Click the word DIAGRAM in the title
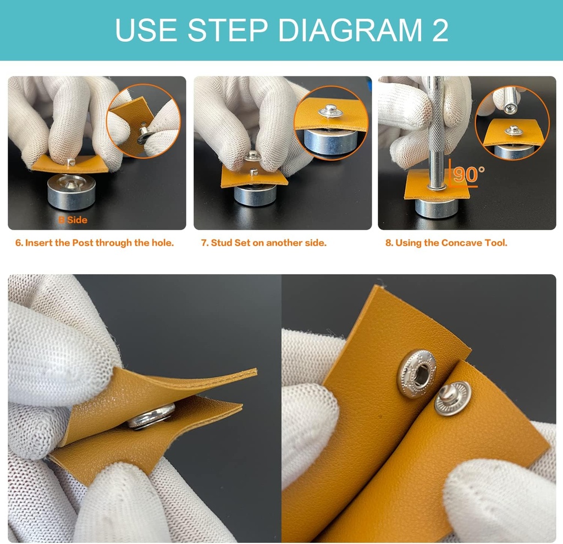click(x=339, y=30)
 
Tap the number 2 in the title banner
click(x=439, y=30)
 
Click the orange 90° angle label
click(x=468, y=174)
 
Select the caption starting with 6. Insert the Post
click(x=94, y=243)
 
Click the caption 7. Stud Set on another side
click(x=263, y=243)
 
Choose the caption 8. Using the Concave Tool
click(x=446, y=243)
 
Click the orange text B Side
click(x=73, y=220)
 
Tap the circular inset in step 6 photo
click(x=143, y=121)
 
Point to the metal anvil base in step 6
click(x=71, y=192)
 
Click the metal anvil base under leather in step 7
click(x=255, y=195)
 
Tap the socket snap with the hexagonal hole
click(x=416, y=374)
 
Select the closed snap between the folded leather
click(x=152, y=417)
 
